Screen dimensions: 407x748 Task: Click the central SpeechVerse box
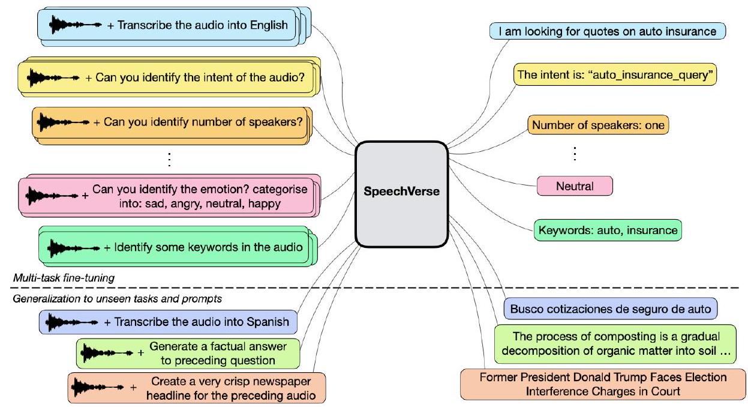pos(401,193)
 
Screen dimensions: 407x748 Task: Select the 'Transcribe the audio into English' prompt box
pos(167,25)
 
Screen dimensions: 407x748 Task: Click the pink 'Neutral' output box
pos(575,186)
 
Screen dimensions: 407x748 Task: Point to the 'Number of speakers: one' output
pos(597,125)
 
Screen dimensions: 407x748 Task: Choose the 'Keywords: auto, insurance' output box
pos(607,229)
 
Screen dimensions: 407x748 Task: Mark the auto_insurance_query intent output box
pos(615,75)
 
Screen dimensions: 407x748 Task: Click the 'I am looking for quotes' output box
pos(607,32)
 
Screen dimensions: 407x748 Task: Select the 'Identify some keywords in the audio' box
pos(178,247)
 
